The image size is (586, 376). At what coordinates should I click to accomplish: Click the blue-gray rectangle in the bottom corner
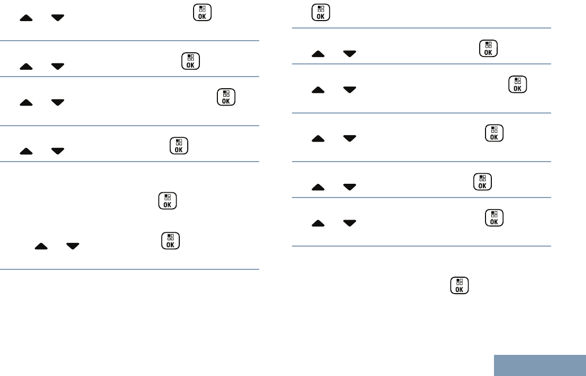point(540,365)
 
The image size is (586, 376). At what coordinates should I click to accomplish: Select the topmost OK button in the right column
point(321,13)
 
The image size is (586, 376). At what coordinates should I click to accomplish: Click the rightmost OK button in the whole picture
point(518,85)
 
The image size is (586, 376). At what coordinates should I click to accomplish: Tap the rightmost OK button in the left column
point(226,97)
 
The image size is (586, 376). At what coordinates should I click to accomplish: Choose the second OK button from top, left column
point(190,61)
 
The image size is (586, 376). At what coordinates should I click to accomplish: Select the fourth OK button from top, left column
point(179,146)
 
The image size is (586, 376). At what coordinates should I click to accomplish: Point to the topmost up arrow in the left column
point(26,18)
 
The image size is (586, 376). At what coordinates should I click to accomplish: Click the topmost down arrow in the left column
point(58,18)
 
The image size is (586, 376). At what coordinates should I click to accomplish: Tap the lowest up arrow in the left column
point(41,246)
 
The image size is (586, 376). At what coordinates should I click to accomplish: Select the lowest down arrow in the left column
point(72,246)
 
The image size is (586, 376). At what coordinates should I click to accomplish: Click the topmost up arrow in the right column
point(318,54)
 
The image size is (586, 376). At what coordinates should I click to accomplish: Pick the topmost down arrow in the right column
point(350,54)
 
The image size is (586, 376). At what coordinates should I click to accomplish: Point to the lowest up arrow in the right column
point(318,223)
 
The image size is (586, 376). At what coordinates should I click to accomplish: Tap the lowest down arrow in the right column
point(350,223)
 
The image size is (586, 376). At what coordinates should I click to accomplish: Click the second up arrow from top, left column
point(26,67)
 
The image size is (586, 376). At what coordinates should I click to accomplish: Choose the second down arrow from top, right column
point(350,90)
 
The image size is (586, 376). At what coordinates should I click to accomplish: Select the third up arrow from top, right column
point(318,138)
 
